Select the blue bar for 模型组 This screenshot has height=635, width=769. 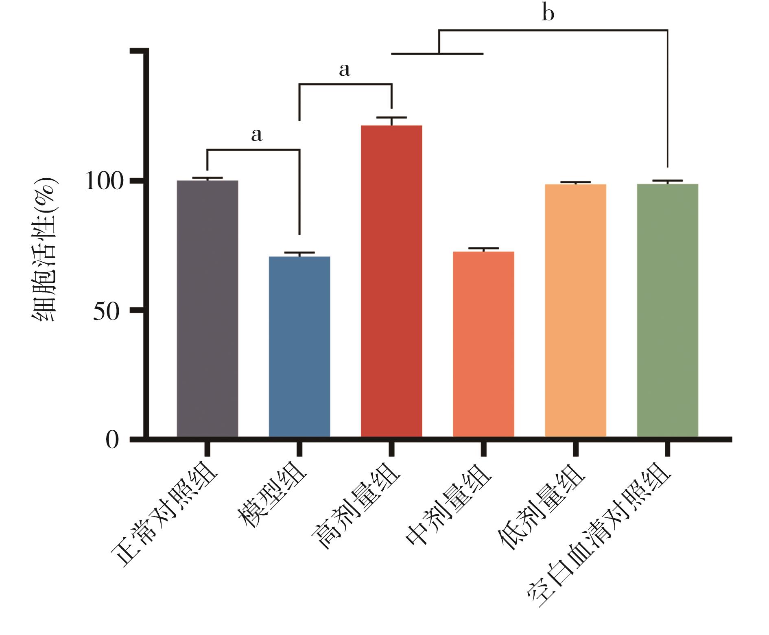[299, 346]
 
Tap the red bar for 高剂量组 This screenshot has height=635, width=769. [391, 281]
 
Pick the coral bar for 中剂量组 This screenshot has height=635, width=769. [483, 344]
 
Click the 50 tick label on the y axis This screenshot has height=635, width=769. [107, 311]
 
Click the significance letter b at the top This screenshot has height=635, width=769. [548, 14]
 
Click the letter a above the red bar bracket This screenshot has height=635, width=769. [344, 70]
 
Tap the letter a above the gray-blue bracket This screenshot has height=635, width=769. [256, 135]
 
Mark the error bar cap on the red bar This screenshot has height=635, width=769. [391, 118]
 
